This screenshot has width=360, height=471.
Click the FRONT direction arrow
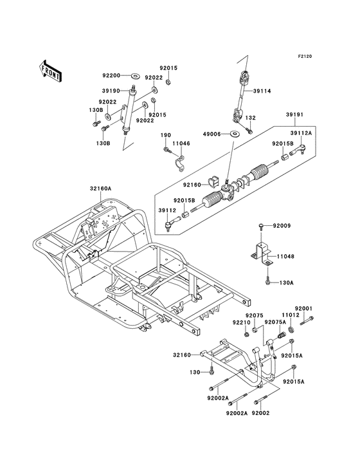(50, 71)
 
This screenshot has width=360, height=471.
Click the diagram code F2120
(305, 56)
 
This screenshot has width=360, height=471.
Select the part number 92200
(111, 75)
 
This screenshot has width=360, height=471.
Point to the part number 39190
(111, 91)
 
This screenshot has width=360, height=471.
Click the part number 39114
(262, 91)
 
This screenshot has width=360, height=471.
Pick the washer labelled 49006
(234, 133)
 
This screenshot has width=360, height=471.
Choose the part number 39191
(294, 115)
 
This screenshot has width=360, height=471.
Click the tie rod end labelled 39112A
(298, 149)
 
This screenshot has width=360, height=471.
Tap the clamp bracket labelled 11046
(180, 163)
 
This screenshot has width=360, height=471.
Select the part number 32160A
(100, 189)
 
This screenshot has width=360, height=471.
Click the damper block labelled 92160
(212, 182)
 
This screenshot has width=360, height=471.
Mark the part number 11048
(285, 257)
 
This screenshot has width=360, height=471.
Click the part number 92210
(241, 322)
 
